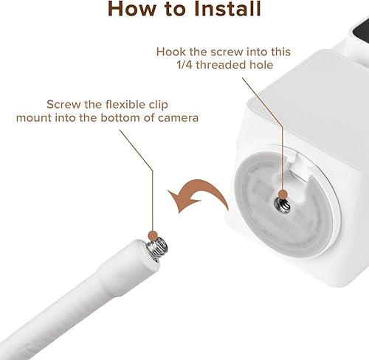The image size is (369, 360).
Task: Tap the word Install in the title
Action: (226, 10)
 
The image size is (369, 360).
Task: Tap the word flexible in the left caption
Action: (122, 104)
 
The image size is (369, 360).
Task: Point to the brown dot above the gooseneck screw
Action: (153, 236)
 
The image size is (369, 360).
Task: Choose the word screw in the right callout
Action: (217, 52)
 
